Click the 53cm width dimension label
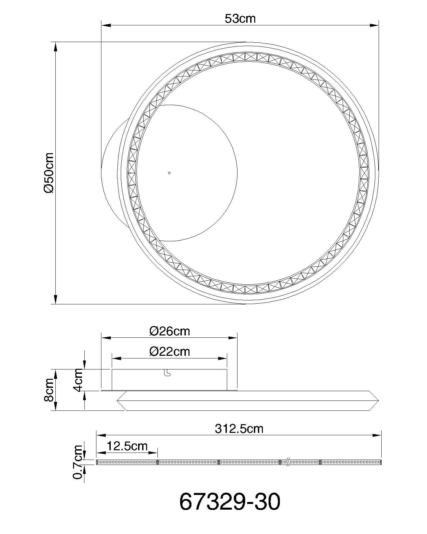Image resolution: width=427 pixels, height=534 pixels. pyautogui.click(x=240, y=19)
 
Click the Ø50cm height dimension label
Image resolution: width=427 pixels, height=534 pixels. pyautogui.click(x=49, y=173)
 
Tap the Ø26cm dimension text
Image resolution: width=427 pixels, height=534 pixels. pyautogui.click(x=169, y=331)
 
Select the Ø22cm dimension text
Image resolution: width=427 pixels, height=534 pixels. pyautogui.click(x=169, y=351)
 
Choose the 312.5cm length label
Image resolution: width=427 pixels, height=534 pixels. pyautogui.click(x=239, y=429)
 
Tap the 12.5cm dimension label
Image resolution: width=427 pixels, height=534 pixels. pyautogui.click(x=127, y=446)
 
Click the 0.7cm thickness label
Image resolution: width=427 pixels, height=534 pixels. pyautogui.click(x=78, y=462)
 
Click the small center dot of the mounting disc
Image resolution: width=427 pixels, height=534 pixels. pyautogui.click(x=169, y=173)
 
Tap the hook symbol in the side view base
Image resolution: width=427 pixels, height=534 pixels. pyautogui.click(x=167, y=373)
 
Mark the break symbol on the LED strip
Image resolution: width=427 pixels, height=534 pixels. pyautogui.click(x=288, y=462)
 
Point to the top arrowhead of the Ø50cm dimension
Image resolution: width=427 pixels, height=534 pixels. pyautogui.click(x=55, y=47)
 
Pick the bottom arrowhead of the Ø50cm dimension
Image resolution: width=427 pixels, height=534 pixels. pyautogui.click(x=55, y=299)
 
